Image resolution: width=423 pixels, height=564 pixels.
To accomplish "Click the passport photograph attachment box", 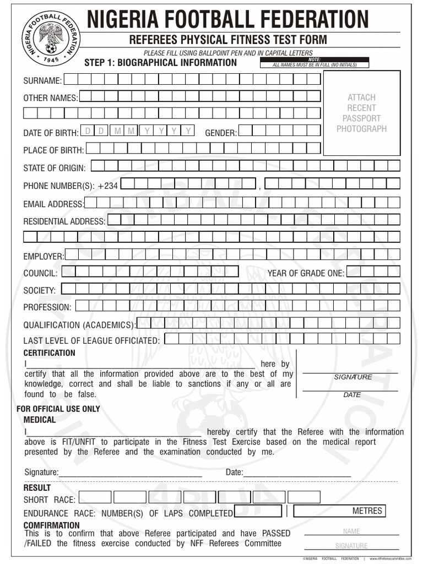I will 361,113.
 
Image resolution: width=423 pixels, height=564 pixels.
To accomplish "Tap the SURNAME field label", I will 42,81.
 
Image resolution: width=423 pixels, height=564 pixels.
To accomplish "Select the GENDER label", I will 221,133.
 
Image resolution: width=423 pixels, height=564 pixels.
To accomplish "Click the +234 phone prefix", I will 107,186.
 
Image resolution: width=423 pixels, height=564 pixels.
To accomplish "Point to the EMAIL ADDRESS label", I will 53,204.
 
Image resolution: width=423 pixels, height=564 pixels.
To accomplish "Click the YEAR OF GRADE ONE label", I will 306,273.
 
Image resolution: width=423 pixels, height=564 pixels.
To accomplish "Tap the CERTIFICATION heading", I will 49,353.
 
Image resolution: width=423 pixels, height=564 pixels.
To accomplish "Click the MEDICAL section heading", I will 39,420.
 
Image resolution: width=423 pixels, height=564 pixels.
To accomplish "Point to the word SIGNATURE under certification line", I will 353,377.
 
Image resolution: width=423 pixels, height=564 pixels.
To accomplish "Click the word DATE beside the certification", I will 352,395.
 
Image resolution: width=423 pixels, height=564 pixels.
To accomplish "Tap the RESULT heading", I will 37,488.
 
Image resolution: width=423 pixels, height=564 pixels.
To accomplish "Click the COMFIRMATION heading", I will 51,525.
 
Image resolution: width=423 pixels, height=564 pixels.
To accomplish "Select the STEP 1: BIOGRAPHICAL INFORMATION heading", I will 160,62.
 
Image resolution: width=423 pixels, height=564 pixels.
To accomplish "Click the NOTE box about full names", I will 314,62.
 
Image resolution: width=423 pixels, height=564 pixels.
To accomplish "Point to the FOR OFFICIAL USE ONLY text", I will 58,409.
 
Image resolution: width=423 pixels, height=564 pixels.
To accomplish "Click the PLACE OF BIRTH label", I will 53,150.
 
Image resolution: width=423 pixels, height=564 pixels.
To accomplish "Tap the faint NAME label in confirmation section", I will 351,532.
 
